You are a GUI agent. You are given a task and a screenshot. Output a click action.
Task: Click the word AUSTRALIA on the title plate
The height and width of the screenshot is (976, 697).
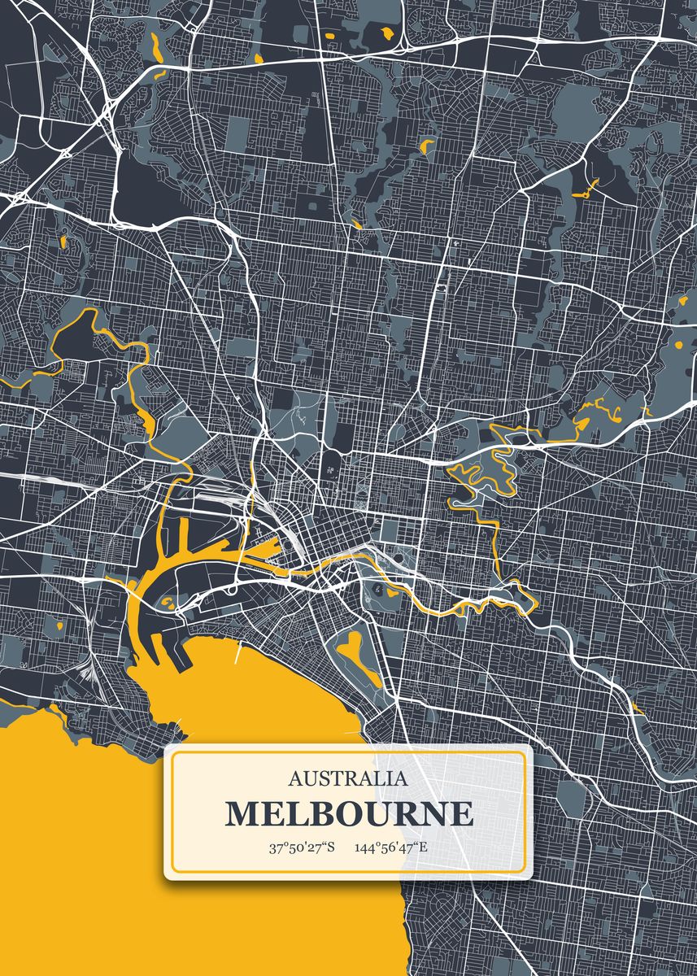coord(348,778)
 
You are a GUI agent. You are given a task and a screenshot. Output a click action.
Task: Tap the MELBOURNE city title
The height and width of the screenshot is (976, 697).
coord(348,814)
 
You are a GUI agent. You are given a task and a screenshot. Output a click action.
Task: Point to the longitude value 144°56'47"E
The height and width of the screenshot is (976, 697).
coord(391,848)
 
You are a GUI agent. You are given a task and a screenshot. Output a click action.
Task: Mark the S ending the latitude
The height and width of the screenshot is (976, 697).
coord(331,848)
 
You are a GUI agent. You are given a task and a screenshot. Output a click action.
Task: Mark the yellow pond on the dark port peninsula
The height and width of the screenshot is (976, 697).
coord(167,601)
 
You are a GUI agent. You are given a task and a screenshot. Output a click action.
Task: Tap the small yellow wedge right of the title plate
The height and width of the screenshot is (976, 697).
coord(638,709)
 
